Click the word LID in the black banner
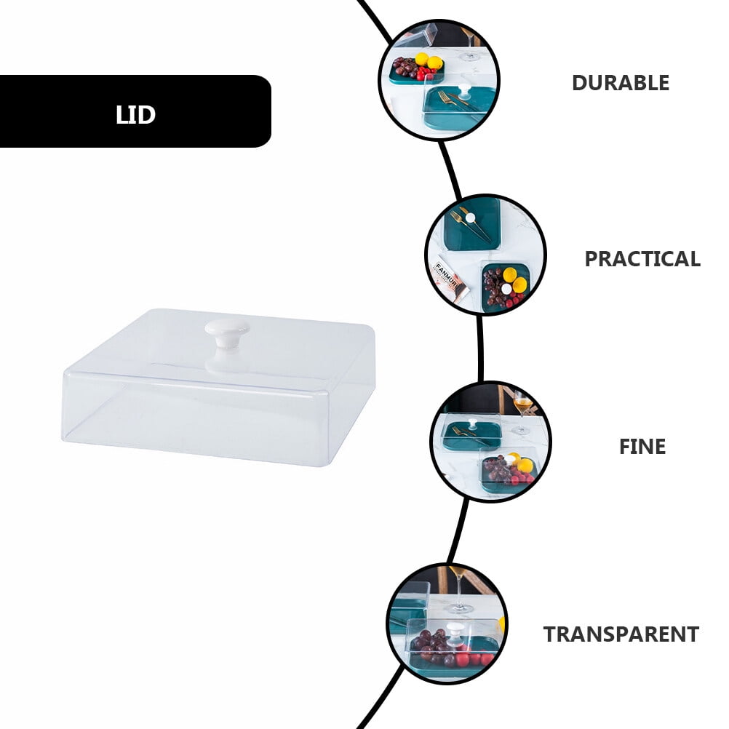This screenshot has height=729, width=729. pyautogui.click(x=135, y=114)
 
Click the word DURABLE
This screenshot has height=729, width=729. pyautogui.click(x=620, y=83)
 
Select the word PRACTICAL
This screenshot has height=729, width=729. pyautogui.click(x=642, y=258)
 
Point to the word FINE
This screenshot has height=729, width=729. pyautogui.click(x=642, y=446)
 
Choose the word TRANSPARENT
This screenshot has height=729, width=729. pyautogui.click(x=621, y=634)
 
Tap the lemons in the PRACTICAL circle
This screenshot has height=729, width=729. pyautogui.click(x=514, y=279)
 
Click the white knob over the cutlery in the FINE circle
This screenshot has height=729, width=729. pyautogui.click(x=472, y=424)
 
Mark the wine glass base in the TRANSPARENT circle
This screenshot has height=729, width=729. pyautogui.click(x=459, y=607)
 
